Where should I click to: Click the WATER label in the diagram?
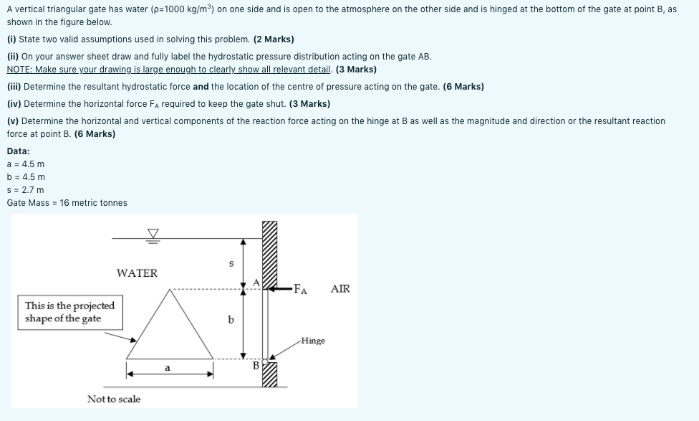click(137, 273)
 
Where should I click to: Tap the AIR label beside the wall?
click(340, 289)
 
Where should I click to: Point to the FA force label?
click(302, 290)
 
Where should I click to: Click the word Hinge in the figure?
click(313, 341)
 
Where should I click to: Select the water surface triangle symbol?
click(152, 232)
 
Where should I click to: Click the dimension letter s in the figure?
click(231, 263)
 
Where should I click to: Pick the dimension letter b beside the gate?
click(231, 320)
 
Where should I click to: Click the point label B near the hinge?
click(255, 366)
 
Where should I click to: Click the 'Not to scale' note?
click(114, 399)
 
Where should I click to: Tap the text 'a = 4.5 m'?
click(26, 164)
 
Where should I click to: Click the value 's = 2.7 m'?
click(26, 189)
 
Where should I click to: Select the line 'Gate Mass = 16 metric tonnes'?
click(67, 203)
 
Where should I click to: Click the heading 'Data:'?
click(19, 151)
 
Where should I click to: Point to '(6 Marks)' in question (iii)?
click(463, 87)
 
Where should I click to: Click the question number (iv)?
click(14, 104)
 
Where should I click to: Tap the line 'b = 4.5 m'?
click(26, 176)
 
